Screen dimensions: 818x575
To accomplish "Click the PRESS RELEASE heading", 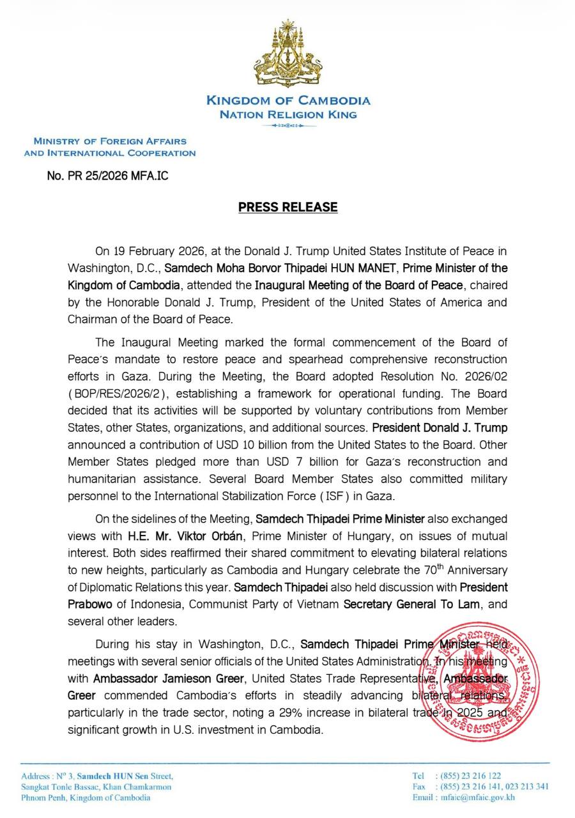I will click(x=287, y=207).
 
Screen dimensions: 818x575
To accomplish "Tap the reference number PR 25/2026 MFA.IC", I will click(x=108, y=174).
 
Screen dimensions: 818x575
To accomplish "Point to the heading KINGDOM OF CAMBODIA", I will click(x=287, y=100).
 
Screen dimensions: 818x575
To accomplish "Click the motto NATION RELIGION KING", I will click(x=287, y=115).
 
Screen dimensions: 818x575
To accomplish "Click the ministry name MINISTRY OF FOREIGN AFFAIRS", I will click(x=110, y=141).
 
